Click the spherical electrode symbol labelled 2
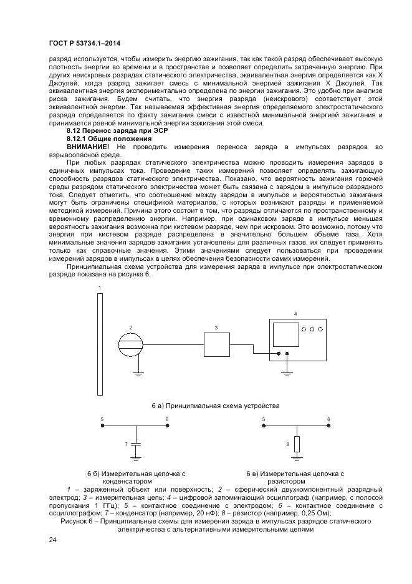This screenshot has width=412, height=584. click(x=132, y=343)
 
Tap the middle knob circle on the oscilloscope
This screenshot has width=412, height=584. click(x=312, y=329)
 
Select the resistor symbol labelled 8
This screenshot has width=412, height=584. click(x=297, y=444)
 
